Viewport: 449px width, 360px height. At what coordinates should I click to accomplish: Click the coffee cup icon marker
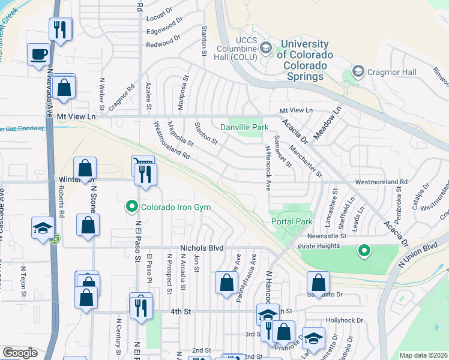[38, 54]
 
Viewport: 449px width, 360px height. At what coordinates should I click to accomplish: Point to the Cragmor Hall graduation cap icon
[358, 72]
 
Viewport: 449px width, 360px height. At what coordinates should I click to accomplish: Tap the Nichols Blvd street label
[202, 247]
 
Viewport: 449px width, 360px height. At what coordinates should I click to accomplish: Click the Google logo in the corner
[20, 353]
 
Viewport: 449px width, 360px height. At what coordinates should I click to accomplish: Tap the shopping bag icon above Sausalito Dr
[318, 283]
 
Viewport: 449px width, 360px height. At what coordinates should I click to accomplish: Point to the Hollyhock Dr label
[345, 321]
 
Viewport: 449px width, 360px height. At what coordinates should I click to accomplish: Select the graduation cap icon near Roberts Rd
[43, 229]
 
